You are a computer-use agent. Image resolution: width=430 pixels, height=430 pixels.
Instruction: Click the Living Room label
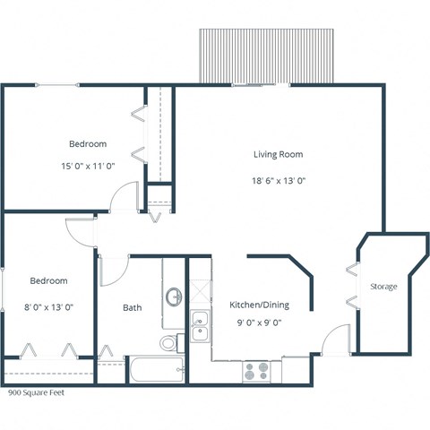277,154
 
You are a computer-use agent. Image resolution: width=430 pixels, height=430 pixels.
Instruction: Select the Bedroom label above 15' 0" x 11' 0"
88,143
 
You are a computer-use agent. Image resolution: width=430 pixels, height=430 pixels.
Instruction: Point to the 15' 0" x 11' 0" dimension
88,166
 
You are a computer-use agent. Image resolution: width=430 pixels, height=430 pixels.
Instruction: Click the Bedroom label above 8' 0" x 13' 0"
47,279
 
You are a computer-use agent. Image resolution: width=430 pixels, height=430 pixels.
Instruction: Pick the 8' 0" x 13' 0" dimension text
47,306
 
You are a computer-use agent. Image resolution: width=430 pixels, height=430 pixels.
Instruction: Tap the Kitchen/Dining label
258,304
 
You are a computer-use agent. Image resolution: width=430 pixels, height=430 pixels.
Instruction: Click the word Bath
132,308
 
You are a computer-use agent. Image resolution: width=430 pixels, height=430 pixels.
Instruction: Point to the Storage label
383,287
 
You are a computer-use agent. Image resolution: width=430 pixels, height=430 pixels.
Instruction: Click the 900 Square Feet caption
36,392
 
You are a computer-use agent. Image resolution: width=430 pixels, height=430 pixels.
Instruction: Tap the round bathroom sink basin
174,296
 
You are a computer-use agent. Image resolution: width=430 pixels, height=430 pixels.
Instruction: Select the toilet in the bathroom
171,341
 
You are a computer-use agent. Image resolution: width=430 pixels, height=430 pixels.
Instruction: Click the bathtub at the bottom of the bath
156,369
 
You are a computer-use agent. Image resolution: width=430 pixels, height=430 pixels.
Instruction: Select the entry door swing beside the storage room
338,341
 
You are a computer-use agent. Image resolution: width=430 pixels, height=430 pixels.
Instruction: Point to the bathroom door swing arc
115,270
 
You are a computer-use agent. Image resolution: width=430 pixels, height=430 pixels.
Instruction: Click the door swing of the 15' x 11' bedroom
130,196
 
